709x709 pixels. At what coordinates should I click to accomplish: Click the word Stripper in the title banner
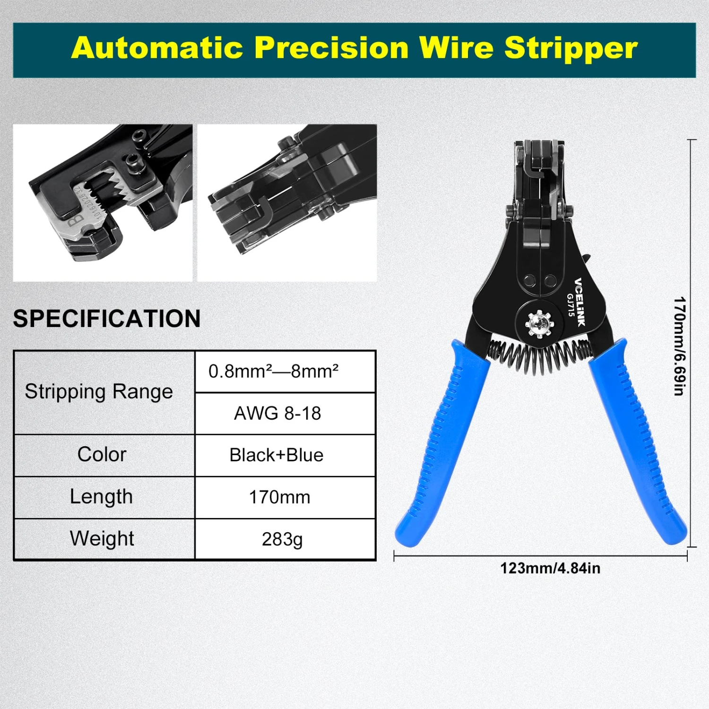571,49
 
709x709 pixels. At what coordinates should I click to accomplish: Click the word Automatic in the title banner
157,48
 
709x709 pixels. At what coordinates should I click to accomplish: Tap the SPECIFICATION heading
107,319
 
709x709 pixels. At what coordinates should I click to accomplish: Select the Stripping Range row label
99,392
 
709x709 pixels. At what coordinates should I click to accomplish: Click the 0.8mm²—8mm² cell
274,372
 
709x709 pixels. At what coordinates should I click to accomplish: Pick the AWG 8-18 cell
277,414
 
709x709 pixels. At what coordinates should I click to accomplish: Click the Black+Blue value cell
277,455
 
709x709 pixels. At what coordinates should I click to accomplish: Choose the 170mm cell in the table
279,497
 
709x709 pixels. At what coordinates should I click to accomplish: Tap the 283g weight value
282,539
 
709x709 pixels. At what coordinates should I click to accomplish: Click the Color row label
102,455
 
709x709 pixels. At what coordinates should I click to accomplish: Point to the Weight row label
102,538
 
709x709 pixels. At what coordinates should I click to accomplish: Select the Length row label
102,497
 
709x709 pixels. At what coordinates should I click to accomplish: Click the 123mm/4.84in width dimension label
550,568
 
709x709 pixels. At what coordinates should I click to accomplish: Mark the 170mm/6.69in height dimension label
679,346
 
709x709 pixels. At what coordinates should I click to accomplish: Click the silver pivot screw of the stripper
539,324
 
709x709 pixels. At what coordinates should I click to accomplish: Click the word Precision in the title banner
331,48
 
